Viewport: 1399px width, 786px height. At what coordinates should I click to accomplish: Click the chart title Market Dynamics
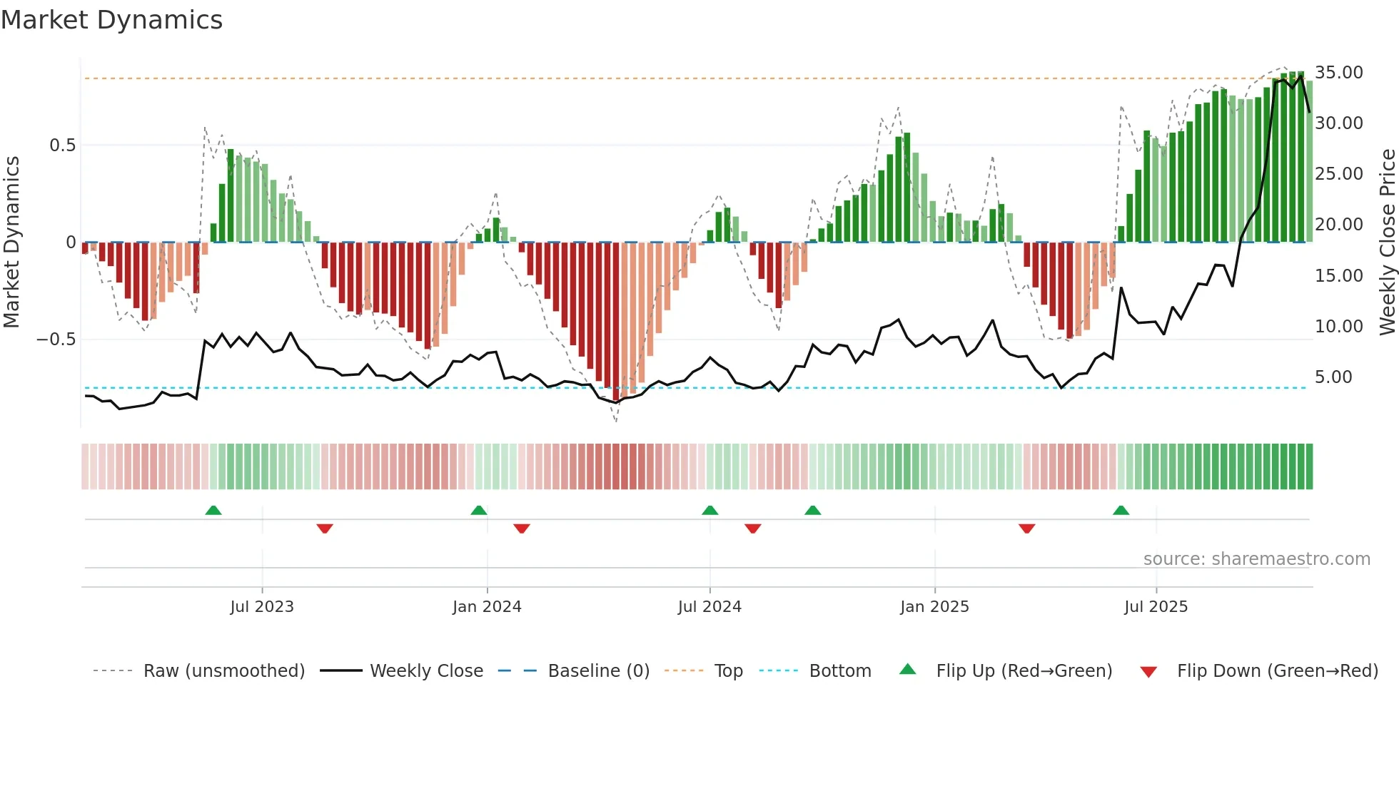[x=112, y=20]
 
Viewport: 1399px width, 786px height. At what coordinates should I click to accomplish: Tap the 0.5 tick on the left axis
[x=62, y=146]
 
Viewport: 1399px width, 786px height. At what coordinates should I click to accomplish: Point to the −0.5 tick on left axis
[x=56, y=340]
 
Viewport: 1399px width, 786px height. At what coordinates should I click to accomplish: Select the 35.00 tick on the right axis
[x=1339, y=73]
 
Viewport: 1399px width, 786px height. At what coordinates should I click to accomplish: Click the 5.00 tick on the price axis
[x=1333, y=377]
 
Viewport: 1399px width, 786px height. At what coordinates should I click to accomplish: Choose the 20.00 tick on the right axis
[x=1339, y=225]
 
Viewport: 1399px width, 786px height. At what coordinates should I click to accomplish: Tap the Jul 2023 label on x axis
[x=262, y=607]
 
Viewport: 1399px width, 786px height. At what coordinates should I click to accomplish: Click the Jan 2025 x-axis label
[x=934, y=607]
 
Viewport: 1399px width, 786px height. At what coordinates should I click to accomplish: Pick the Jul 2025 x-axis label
[x=1156, y=607]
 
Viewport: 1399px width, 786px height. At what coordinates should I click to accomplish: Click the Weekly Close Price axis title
[x=1387, y=243]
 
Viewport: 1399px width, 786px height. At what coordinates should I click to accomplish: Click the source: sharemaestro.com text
[x=1256, y=559]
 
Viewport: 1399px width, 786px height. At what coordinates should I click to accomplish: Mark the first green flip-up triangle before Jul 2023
[x=213, y=511]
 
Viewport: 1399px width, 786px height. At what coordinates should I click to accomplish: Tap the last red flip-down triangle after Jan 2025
[x=1027, y=529]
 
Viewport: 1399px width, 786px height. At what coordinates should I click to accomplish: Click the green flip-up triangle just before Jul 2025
[x=1121, y=511]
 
